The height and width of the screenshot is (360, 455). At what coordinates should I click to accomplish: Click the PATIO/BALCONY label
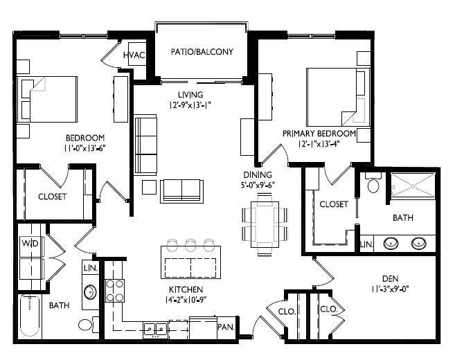202,52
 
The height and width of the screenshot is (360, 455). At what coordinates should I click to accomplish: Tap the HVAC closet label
133,55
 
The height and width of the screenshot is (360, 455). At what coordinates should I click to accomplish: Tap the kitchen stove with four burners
114,289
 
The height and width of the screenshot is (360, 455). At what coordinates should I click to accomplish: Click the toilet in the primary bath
373,184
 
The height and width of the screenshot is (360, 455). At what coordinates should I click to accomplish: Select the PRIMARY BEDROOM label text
319,133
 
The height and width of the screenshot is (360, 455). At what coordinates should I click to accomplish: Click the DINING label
257,174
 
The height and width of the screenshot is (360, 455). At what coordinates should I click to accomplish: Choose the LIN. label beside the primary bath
365,245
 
